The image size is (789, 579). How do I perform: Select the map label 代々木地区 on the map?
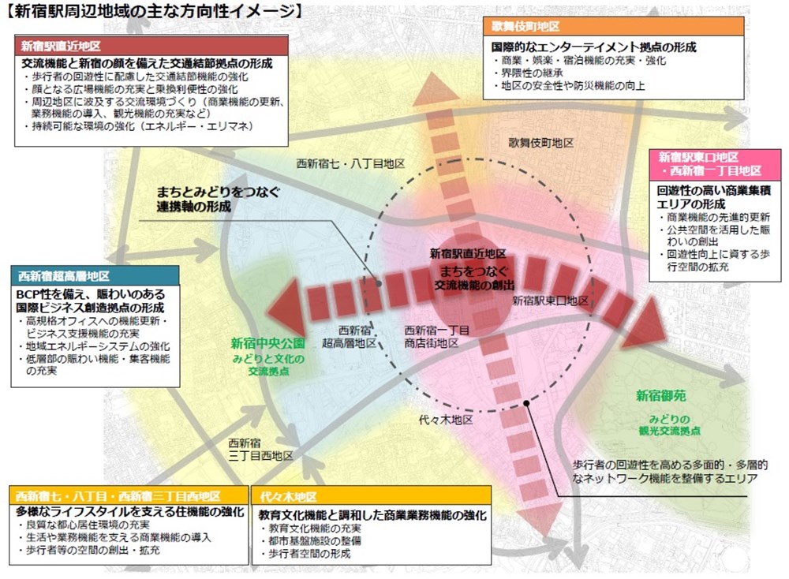point(446,420)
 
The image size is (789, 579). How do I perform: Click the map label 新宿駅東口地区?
point(550,301)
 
